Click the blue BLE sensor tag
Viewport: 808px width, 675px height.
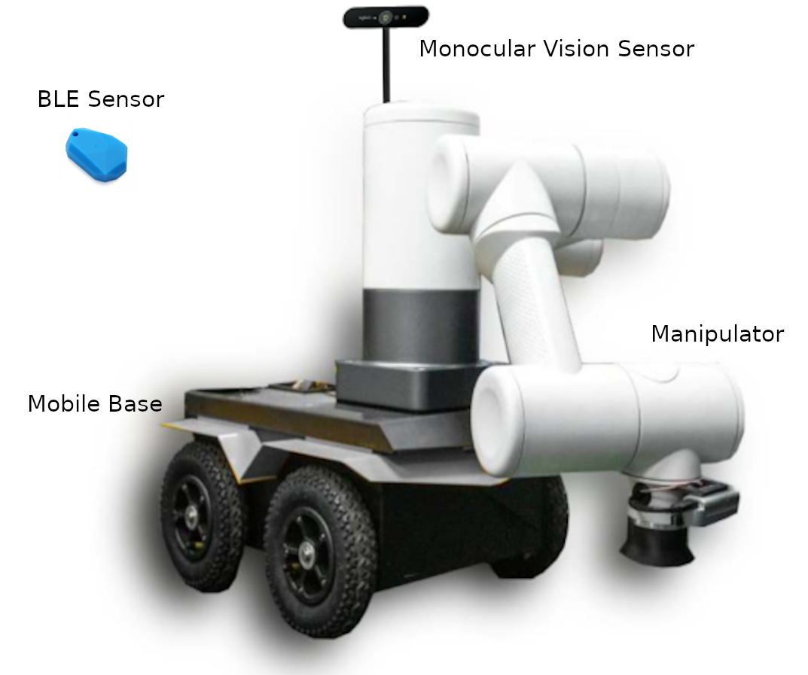point(96,154)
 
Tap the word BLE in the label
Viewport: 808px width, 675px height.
point(58,99)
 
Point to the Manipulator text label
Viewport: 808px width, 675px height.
point(717,333)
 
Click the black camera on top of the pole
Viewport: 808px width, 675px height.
point(386,17)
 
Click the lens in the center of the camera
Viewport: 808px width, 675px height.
point(386,16)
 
